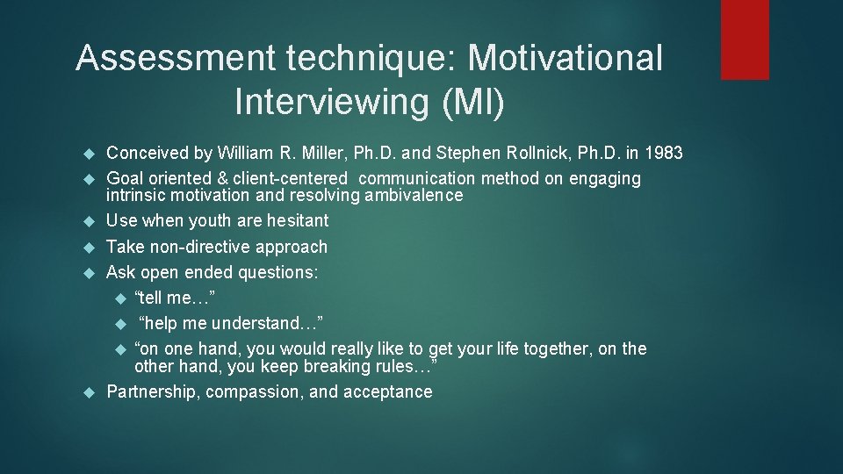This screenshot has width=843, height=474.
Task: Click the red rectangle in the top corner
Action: (745, 39)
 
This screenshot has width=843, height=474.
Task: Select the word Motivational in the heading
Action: (566, 59)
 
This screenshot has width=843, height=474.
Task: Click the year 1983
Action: (663, 154)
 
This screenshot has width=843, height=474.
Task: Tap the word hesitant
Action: (293, 221)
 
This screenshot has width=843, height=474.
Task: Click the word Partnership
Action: (153, 392)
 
